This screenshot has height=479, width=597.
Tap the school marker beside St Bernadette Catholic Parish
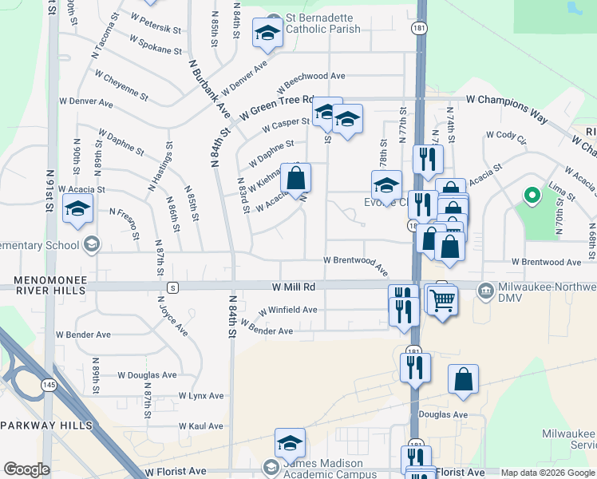tap(267, 34)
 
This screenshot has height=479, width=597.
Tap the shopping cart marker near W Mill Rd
tap(441, 300)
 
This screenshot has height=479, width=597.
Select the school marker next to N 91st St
tap(77, 210)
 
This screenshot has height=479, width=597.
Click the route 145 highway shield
tap(49, 386)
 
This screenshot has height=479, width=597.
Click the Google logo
tap(26, 469)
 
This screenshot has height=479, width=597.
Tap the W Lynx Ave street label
tap(201, 396)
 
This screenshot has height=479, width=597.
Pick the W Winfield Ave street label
tap(287, 310)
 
